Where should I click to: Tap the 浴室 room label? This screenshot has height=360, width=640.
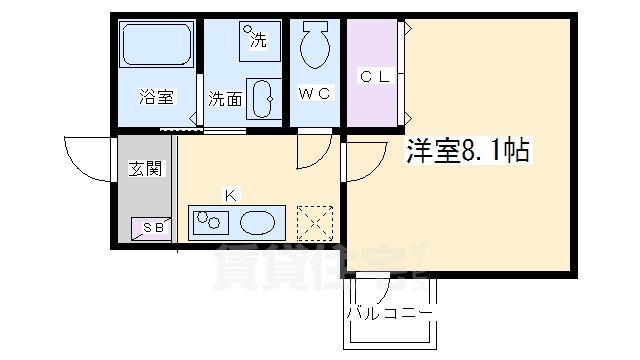point(157,97)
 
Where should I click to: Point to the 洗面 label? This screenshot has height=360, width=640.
point(225,99)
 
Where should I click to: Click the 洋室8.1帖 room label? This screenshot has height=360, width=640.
point(466,151)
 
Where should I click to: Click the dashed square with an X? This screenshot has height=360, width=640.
point(316,222)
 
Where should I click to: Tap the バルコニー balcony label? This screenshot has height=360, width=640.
point(389,313)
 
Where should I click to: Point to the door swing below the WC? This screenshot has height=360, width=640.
point(313,152)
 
